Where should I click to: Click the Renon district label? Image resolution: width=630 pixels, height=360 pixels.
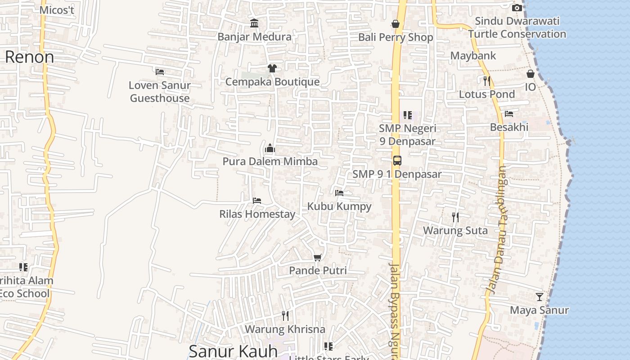30,57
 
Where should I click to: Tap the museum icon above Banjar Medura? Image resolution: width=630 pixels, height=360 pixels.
254,23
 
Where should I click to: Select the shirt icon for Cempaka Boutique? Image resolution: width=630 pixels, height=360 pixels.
272,68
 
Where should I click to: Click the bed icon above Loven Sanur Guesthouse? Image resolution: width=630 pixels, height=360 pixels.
160,72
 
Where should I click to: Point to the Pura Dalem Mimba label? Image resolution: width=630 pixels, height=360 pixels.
270,161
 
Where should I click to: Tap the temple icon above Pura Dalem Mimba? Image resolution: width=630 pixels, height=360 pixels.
270,148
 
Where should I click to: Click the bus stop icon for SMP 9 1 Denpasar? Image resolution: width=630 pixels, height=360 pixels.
397,161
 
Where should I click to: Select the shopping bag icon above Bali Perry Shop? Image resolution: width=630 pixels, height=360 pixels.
396,24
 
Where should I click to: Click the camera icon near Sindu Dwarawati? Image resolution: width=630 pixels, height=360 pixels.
517,8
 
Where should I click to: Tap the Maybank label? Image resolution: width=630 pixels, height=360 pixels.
473,56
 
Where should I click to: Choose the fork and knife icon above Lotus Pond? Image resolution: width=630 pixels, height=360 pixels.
486,81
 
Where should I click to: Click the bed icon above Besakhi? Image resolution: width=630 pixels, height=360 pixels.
509,114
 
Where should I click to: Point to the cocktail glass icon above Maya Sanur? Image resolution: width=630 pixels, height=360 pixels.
539,297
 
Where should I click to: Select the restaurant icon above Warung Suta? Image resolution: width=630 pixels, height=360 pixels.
455,217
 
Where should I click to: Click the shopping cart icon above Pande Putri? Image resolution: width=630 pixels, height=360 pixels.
318,257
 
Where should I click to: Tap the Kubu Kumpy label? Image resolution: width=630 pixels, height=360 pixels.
339,207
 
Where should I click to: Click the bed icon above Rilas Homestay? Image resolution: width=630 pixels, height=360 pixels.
257,201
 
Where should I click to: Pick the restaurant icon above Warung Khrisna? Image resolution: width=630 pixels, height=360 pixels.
285,315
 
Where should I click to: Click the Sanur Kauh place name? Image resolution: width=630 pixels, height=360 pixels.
233,351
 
